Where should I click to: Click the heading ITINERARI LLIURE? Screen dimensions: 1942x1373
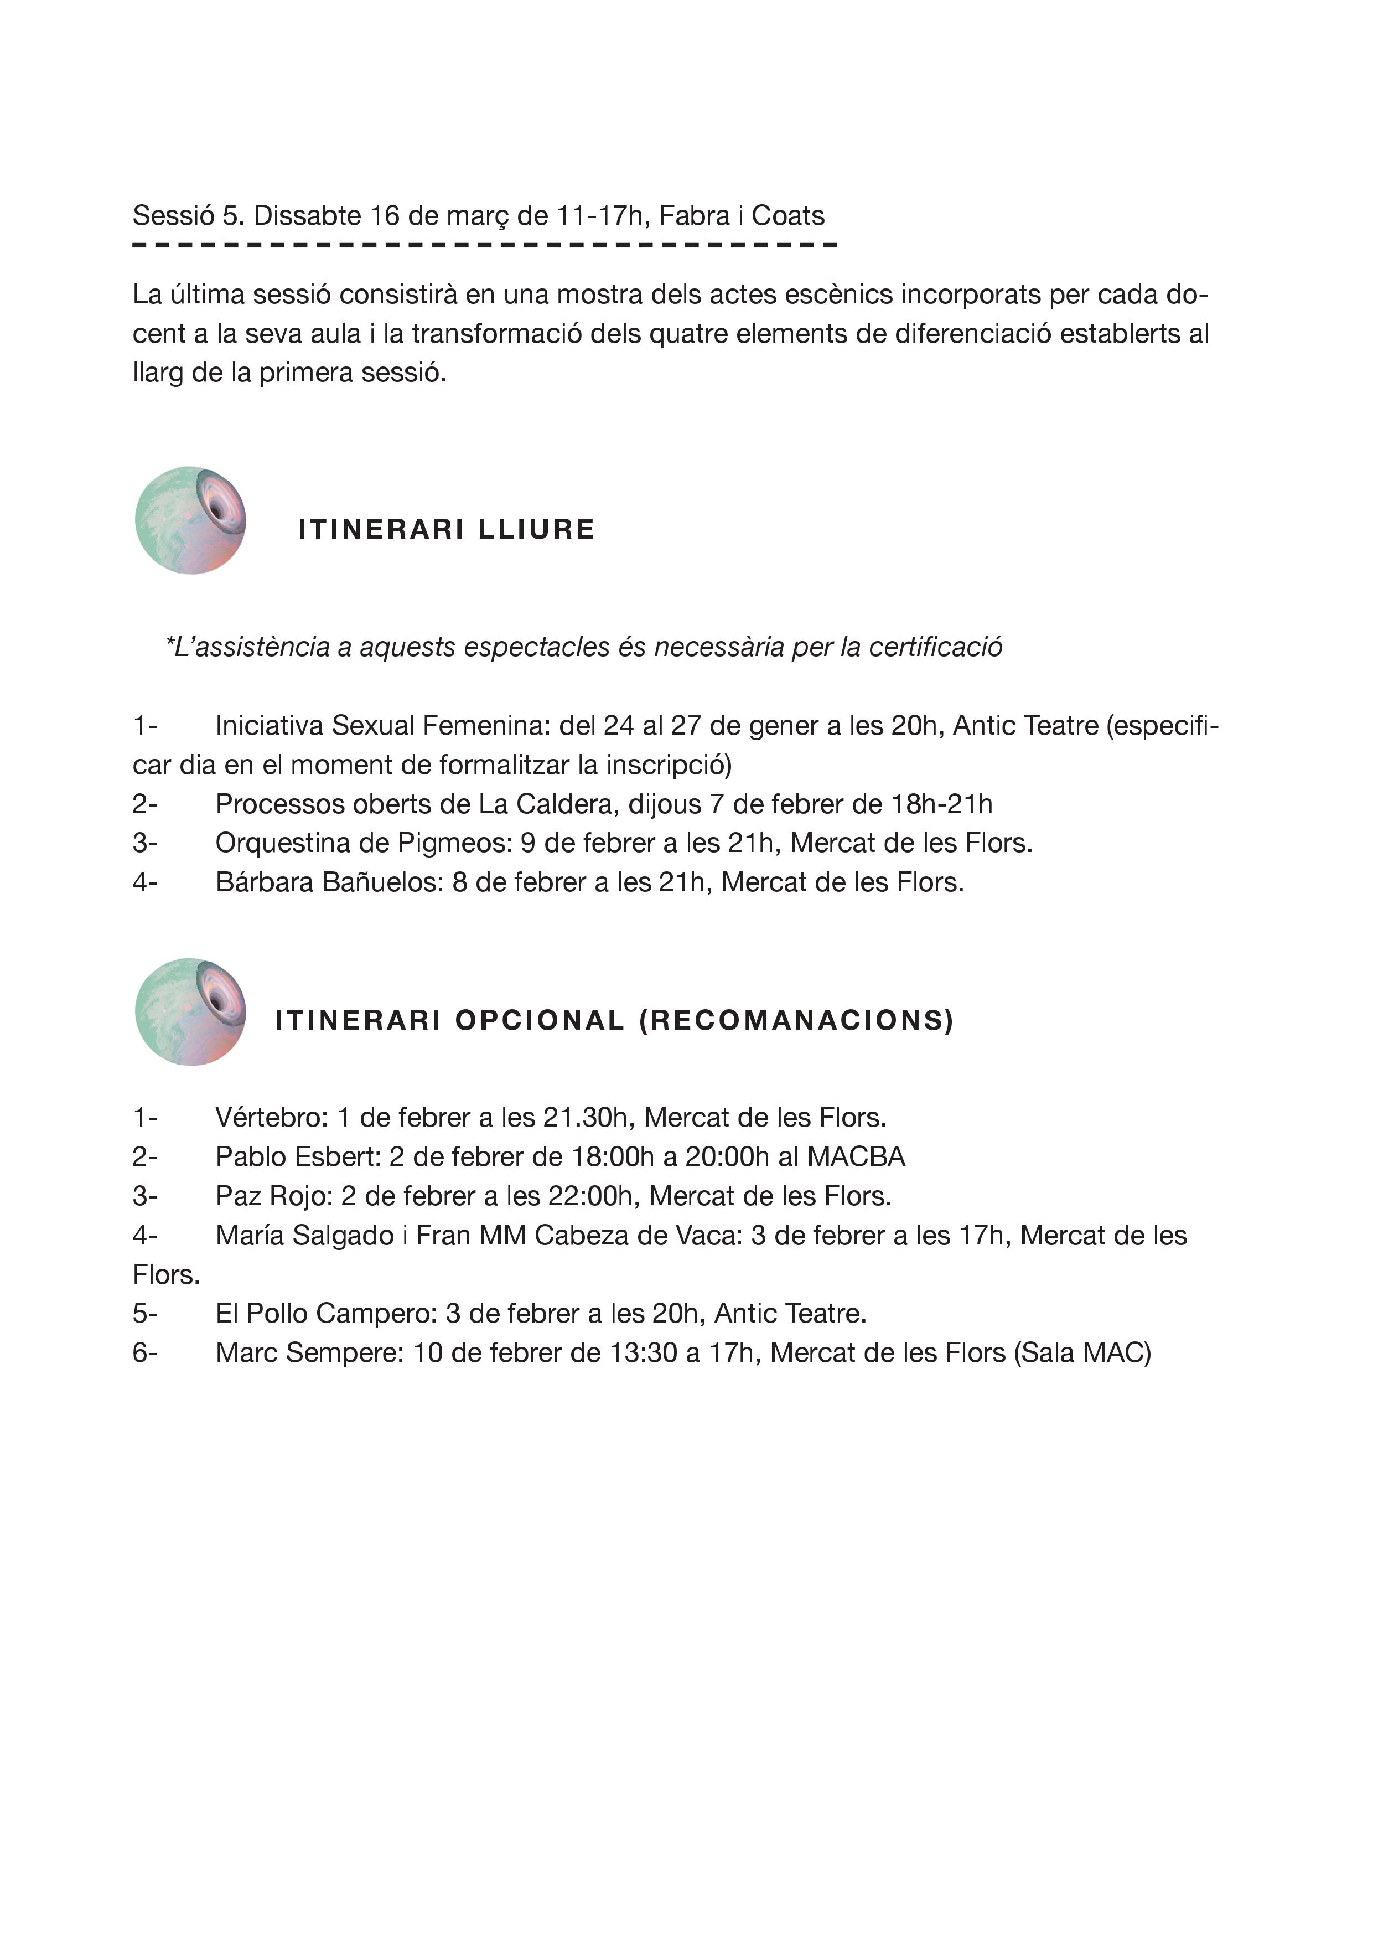point(447,529)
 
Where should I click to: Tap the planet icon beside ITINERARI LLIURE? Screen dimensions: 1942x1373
point(190,520)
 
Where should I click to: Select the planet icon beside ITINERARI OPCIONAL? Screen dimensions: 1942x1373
point(190,1011)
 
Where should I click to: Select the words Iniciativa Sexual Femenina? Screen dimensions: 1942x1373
point(382,726)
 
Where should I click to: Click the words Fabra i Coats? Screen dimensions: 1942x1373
point(742,216)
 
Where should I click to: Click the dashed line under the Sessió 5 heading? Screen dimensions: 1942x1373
point(484,245)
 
